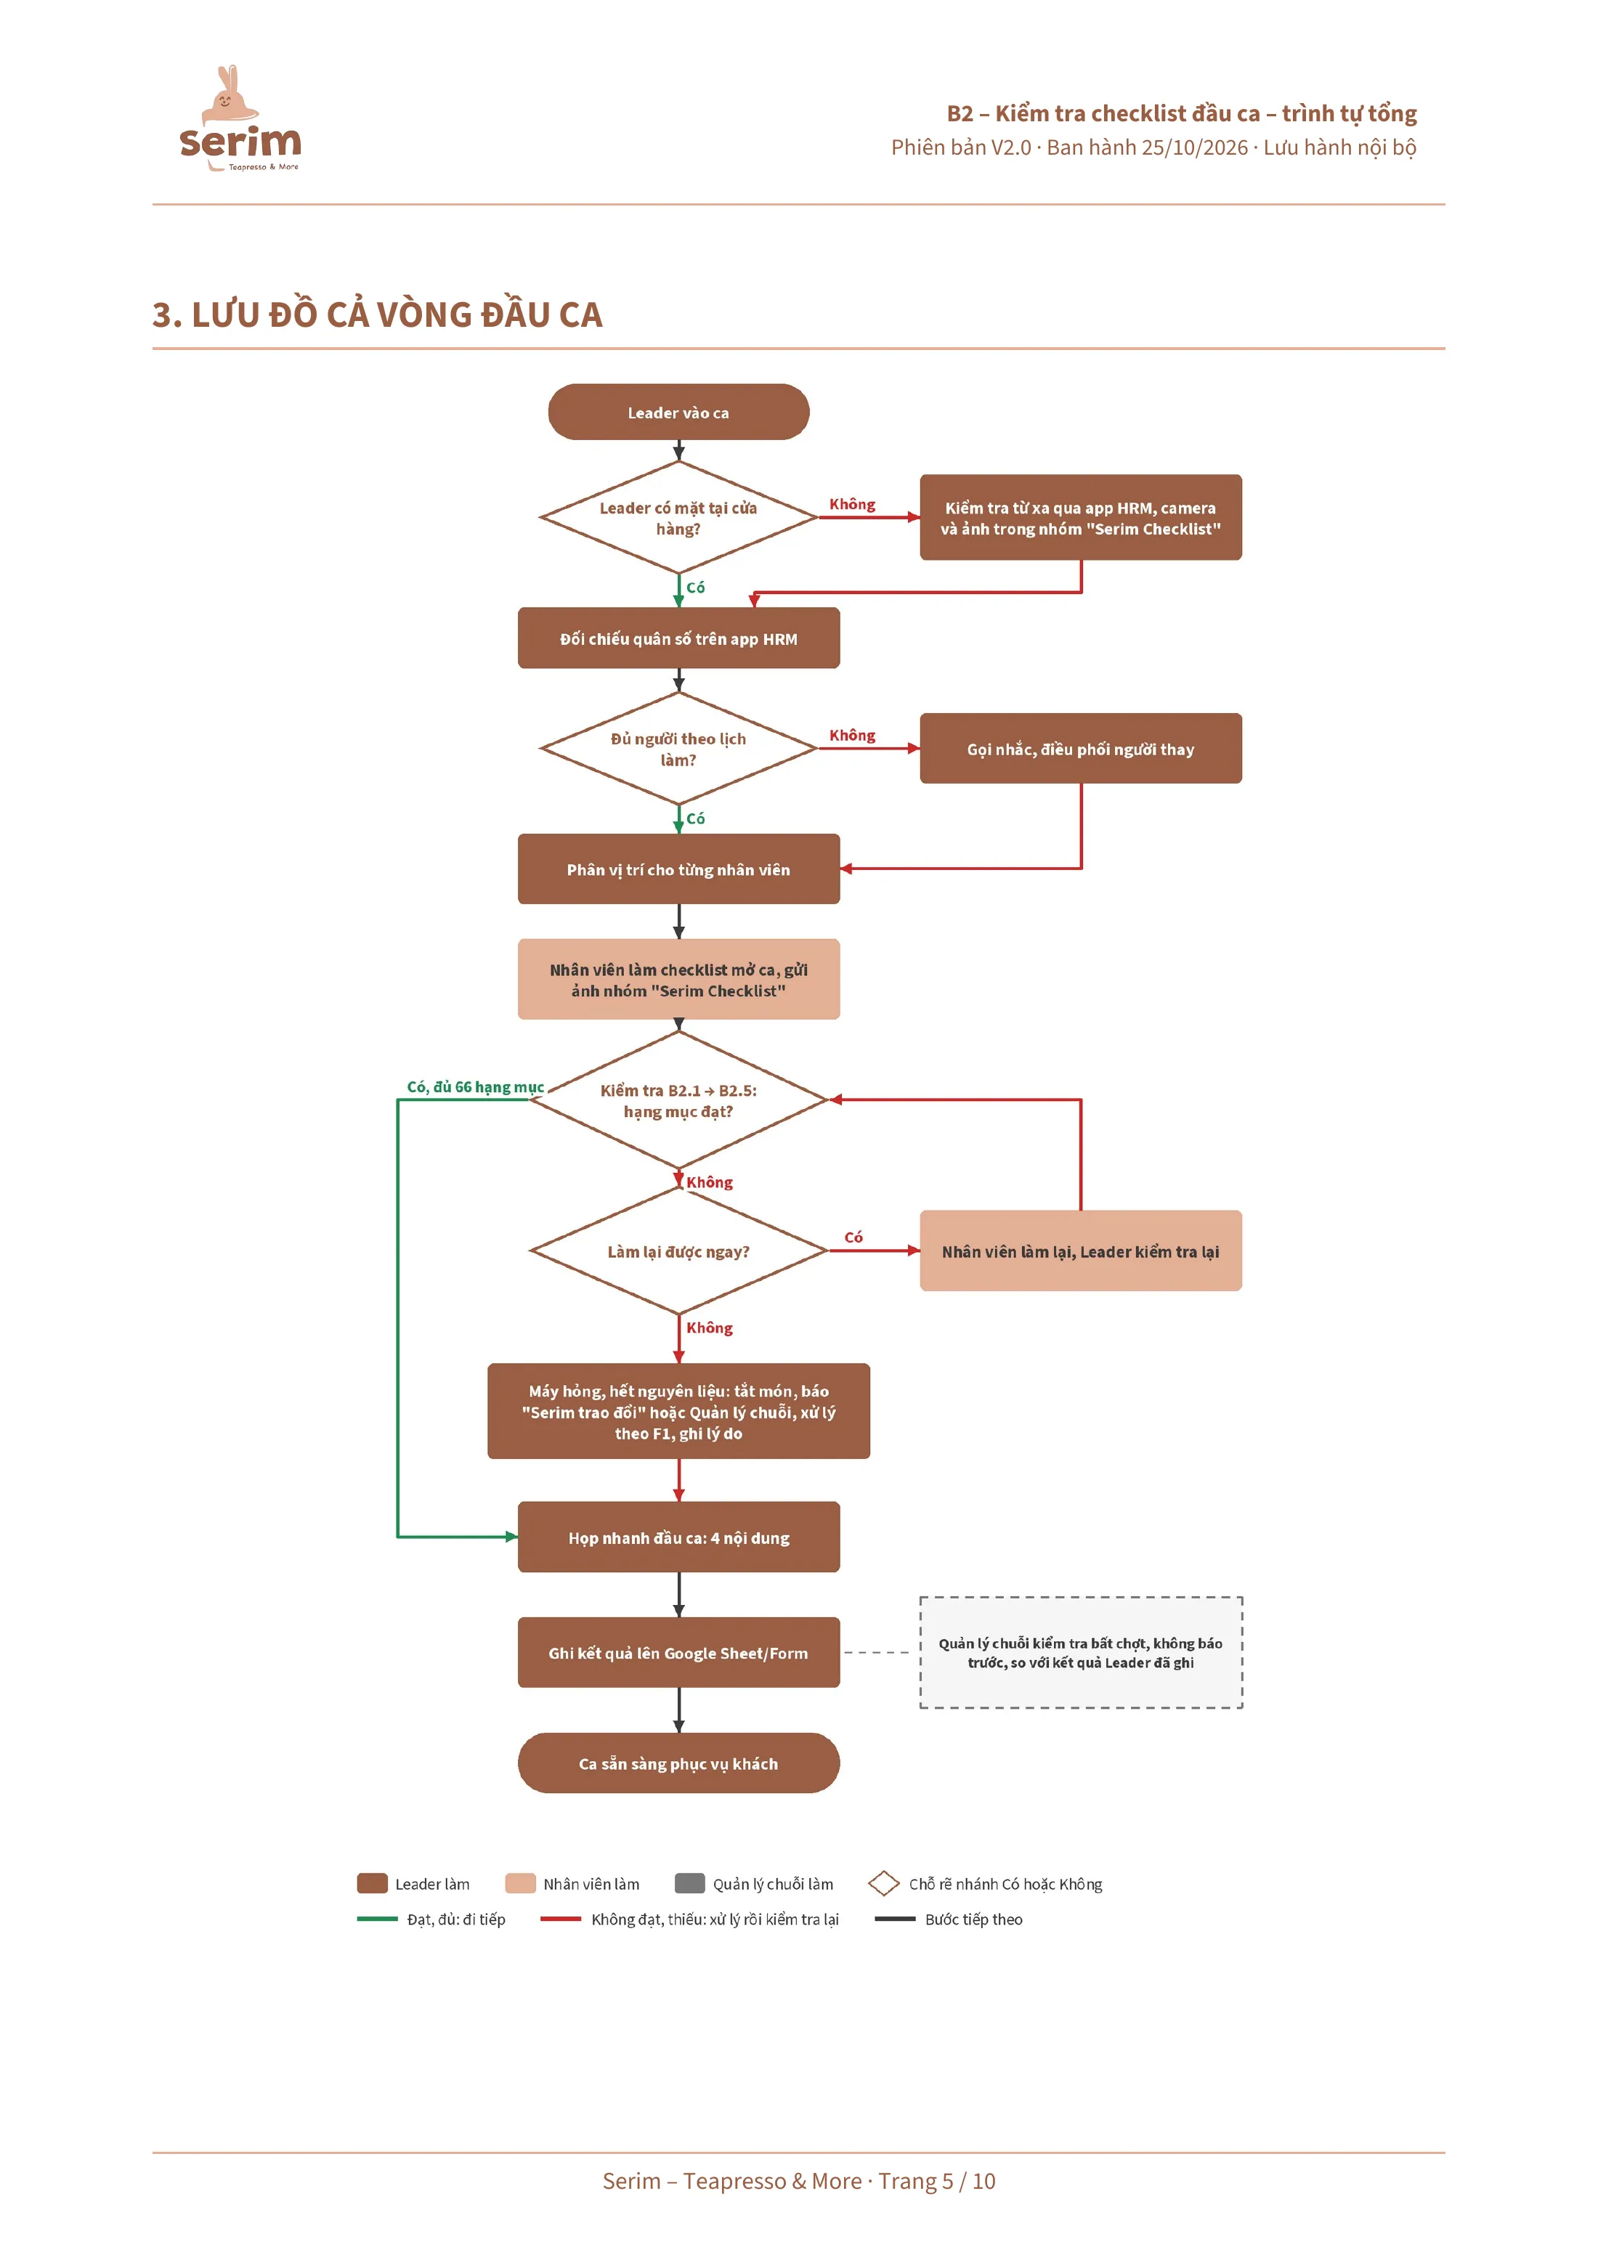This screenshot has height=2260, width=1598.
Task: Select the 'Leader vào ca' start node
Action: [678, 412]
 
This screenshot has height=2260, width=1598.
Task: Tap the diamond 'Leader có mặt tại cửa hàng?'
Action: [678, 518]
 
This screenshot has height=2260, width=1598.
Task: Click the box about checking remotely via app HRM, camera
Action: [1080, 518]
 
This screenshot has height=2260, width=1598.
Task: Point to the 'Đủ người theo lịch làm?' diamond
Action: [678, 748]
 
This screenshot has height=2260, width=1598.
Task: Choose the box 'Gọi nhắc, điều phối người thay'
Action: [1080, 748]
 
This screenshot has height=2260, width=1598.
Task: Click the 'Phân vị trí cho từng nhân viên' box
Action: [678, 869]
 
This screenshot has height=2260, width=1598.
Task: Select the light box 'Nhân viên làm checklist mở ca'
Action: [678, 980]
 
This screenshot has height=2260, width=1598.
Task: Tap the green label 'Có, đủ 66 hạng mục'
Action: [476, 1086]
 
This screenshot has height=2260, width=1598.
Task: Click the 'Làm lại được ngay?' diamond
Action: [678, 1251]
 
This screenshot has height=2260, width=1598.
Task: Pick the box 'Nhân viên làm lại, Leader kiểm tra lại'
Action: [1080, 1251]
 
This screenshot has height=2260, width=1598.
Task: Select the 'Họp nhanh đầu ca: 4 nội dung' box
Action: [678, 1537]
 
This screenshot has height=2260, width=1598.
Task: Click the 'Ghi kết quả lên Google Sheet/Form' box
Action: [678, 1653]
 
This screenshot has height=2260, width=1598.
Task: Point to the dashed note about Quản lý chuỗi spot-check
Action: [1080, 1653]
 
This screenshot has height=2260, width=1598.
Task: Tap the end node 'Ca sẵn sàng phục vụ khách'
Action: [678, 1763]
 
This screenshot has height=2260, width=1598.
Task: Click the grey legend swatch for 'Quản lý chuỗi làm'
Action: [689, 1883]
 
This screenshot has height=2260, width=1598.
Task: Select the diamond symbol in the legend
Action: [883, 1883]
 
